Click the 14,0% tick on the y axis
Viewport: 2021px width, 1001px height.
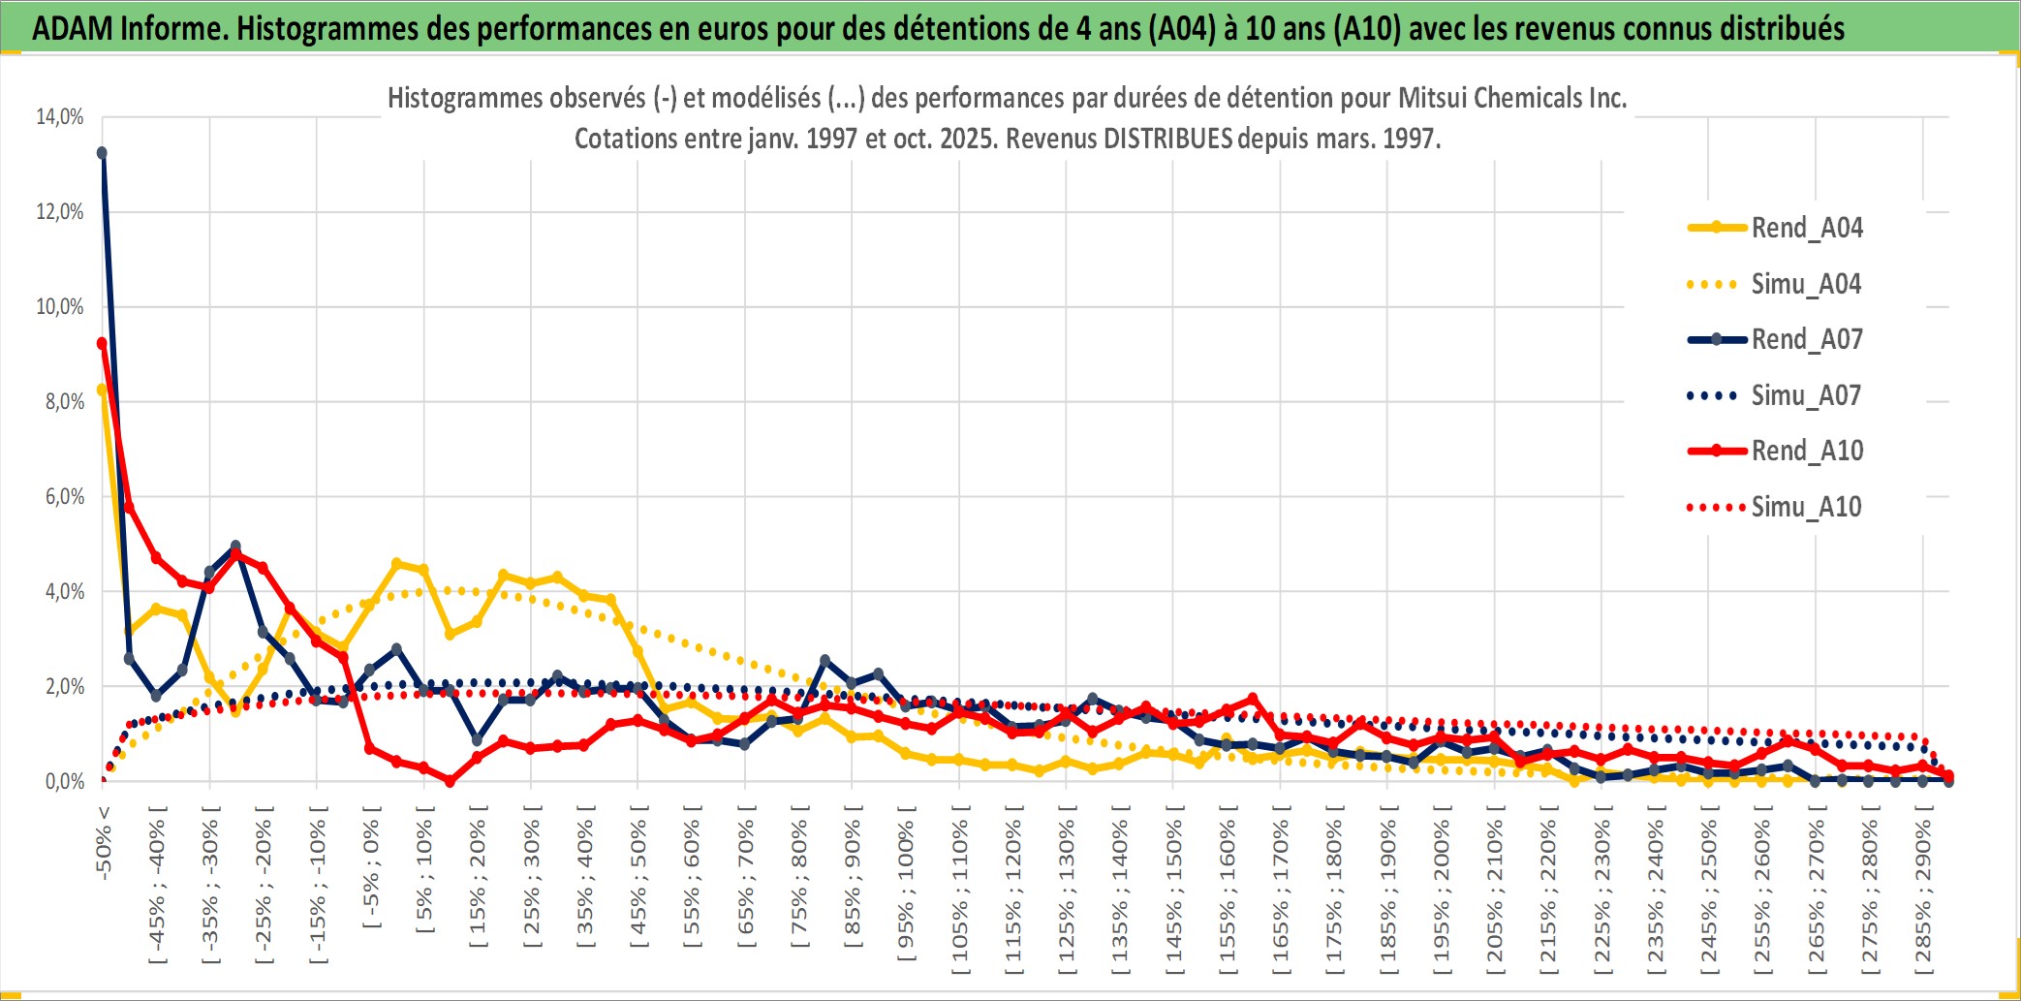(60, 117)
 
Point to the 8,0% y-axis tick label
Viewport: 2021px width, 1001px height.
(64, 401)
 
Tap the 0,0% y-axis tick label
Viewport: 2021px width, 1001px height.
(64, 781)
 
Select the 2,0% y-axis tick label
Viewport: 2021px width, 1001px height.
(64, 686)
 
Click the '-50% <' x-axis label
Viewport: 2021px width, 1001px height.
(104, 842)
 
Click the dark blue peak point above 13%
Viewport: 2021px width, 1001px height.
(102, 153)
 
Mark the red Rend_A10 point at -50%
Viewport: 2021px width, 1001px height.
(102, 343)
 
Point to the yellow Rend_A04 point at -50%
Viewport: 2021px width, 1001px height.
(102, 390)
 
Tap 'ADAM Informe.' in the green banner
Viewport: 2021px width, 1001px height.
(130, 28)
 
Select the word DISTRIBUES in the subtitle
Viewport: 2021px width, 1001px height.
(1167, 139)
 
